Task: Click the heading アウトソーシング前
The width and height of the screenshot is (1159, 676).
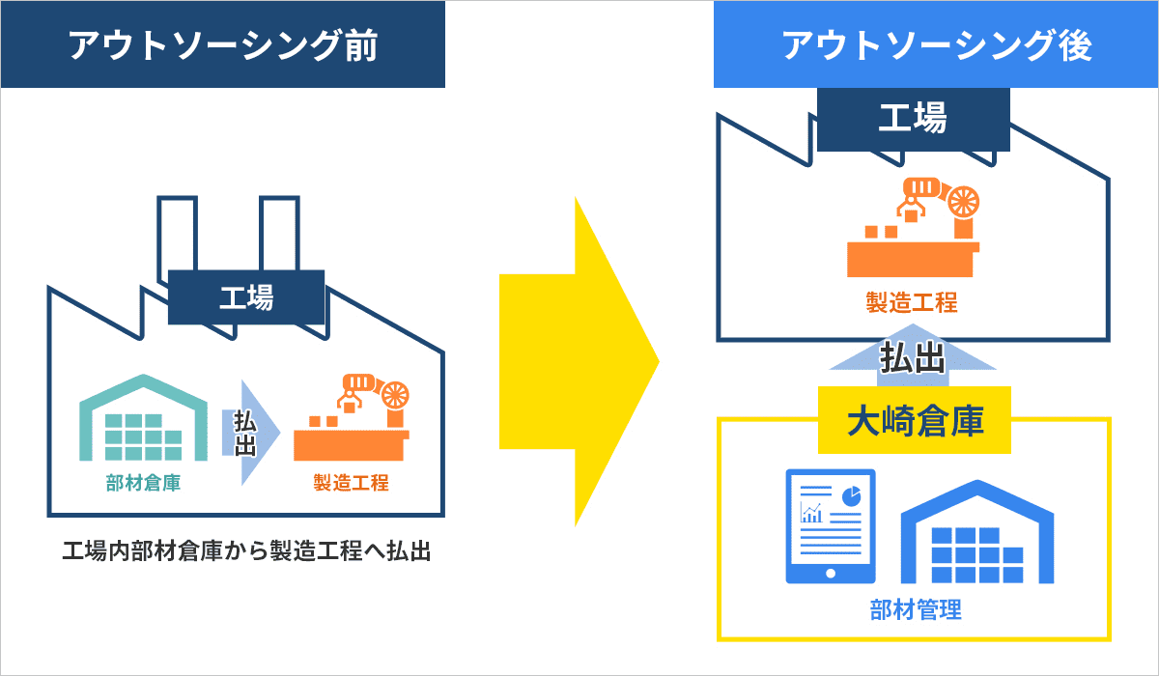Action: tap(223, 45)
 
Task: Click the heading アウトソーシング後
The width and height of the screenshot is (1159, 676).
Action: tap(937, 45)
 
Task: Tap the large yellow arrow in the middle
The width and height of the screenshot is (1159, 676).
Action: tap(579, 361)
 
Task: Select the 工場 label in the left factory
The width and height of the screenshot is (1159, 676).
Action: tap(246, 297)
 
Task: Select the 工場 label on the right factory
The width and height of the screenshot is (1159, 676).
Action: tap(914, 119)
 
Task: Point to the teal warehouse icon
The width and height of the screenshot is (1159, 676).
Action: tap(143, 417)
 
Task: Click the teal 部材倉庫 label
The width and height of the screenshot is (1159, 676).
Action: tap(143, 483)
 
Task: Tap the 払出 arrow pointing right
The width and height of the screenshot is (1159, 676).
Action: tap(251, 433)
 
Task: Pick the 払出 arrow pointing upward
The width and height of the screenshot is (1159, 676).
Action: tap(913, 355)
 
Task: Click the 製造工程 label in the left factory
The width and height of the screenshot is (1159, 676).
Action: tap(351, 483)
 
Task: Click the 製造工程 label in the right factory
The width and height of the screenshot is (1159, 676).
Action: tap(912, 302)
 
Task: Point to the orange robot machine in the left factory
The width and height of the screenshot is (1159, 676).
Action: tap(352, 417)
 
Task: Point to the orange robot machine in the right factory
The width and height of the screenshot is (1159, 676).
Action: tap(914, 227)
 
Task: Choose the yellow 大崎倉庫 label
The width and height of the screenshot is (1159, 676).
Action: tap(915, 420)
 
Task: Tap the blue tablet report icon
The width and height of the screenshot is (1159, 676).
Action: tap(831, 526)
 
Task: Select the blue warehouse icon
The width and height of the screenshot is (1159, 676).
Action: tap(977, 532)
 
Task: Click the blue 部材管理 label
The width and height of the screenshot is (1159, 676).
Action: tap(916, 609)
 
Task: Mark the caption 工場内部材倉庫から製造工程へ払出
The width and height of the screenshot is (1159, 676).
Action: tap(246, 550)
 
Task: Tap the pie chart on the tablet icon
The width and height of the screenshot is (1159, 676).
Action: tap(851, 496)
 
